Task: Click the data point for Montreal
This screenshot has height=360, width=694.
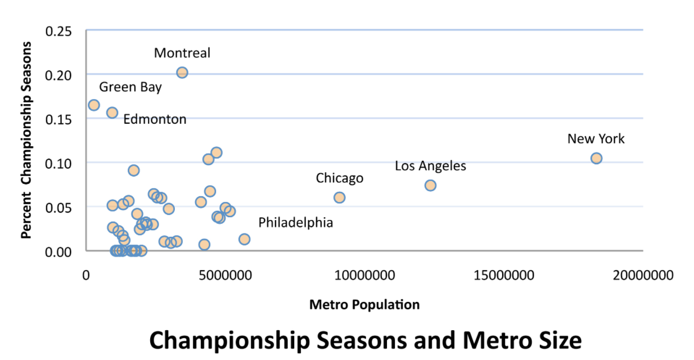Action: click(x=182, y=73)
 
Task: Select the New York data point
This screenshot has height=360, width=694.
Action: click(x=596, y=158)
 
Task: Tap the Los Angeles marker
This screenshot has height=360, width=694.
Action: click(x=430, y=185)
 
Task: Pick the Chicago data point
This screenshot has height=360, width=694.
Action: click(x=339, y=197)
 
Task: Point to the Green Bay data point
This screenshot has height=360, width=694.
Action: click(x=94, y=105)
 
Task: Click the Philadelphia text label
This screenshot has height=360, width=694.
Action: click(x=295, y=223)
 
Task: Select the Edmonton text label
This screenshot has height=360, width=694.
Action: click(x=155, y=119)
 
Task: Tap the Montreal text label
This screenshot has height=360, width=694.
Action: click(x=182, y=53)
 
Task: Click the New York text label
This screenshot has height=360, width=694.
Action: click(x=596, y=139)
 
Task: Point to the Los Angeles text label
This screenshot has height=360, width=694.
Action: click(x=430, y=166)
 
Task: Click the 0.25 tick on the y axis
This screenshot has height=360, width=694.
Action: click(x=58, y=30)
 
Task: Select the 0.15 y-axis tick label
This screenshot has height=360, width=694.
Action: click(x=58, y=119)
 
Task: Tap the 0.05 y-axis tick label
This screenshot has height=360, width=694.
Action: click(x=58, y=207)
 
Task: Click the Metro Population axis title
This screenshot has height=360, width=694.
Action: click(x=364, y=305)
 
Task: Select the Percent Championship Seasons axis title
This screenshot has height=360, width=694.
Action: click(x=26, y=141)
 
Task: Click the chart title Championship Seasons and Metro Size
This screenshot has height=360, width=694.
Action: click(x=364, y=340)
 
